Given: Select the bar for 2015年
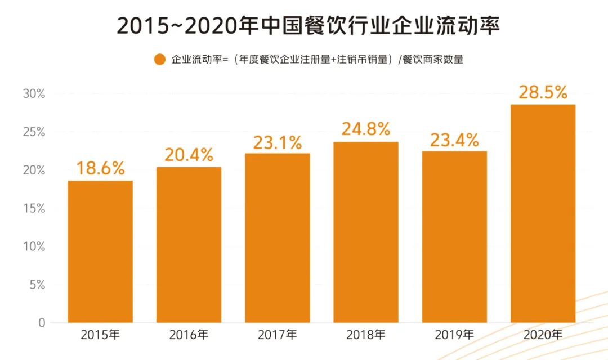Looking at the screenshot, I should tap(100, 251).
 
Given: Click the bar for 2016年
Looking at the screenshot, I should tap(189, 245).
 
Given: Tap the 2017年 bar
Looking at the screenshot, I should tap(277, 238).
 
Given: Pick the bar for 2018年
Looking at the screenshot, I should tap(365, 232).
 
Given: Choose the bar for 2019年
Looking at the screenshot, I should tap(454, 237).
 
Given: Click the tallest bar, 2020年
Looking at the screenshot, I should tap(543, 214).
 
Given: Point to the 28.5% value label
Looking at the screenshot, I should tap(543, 93).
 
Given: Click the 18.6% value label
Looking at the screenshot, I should tap(100, 168).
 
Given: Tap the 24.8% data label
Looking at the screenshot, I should tap(365, 129).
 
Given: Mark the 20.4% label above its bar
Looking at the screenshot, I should tap(189, 154).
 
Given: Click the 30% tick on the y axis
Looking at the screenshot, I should tap(34, 94).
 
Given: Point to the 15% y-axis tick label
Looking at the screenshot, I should tap(34, 209).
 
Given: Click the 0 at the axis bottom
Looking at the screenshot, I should tap(41, 323).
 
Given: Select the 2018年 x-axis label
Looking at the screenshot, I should tap(365, 335).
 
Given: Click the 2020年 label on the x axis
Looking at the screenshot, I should tap(543, 335).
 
